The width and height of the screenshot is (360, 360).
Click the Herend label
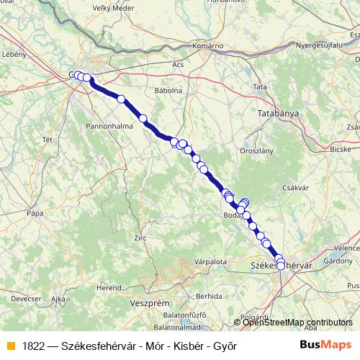tap(109, 287)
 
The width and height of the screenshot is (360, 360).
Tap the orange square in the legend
tap(10, 346)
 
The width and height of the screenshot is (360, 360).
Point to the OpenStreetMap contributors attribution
tap(297, 323)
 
